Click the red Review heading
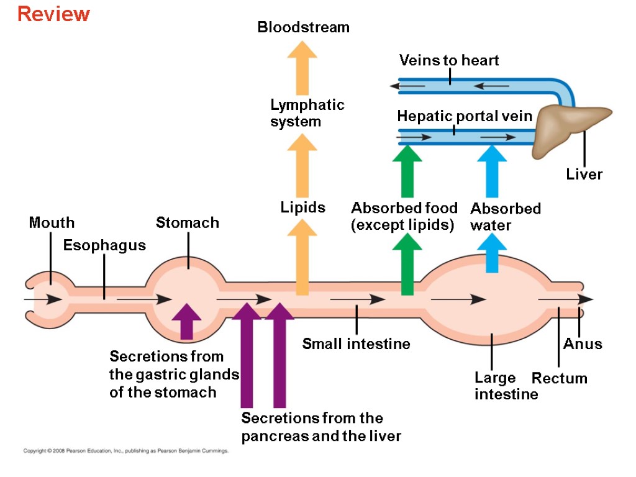(53, 14)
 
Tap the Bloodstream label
(303, 27)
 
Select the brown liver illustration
(570, 129)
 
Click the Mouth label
(52, 222)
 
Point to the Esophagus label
(104, 245)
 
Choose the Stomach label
(188, 222)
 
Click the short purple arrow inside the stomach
(186, 321)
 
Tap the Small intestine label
(356, 344)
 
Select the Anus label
(583, 344)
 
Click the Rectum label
(560, 378)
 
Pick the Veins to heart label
(449, 60)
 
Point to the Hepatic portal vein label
(465, 116)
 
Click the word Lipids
(303, 207)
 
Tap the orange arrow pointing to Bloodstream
(302, 68)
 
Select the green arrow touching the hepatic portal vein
(407, 171)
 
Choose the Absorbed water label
(506, 217)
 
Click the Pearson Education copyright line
(125, 451)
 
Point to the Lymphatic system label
(307, 113)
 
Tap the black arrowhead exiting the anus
(586, 299)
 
